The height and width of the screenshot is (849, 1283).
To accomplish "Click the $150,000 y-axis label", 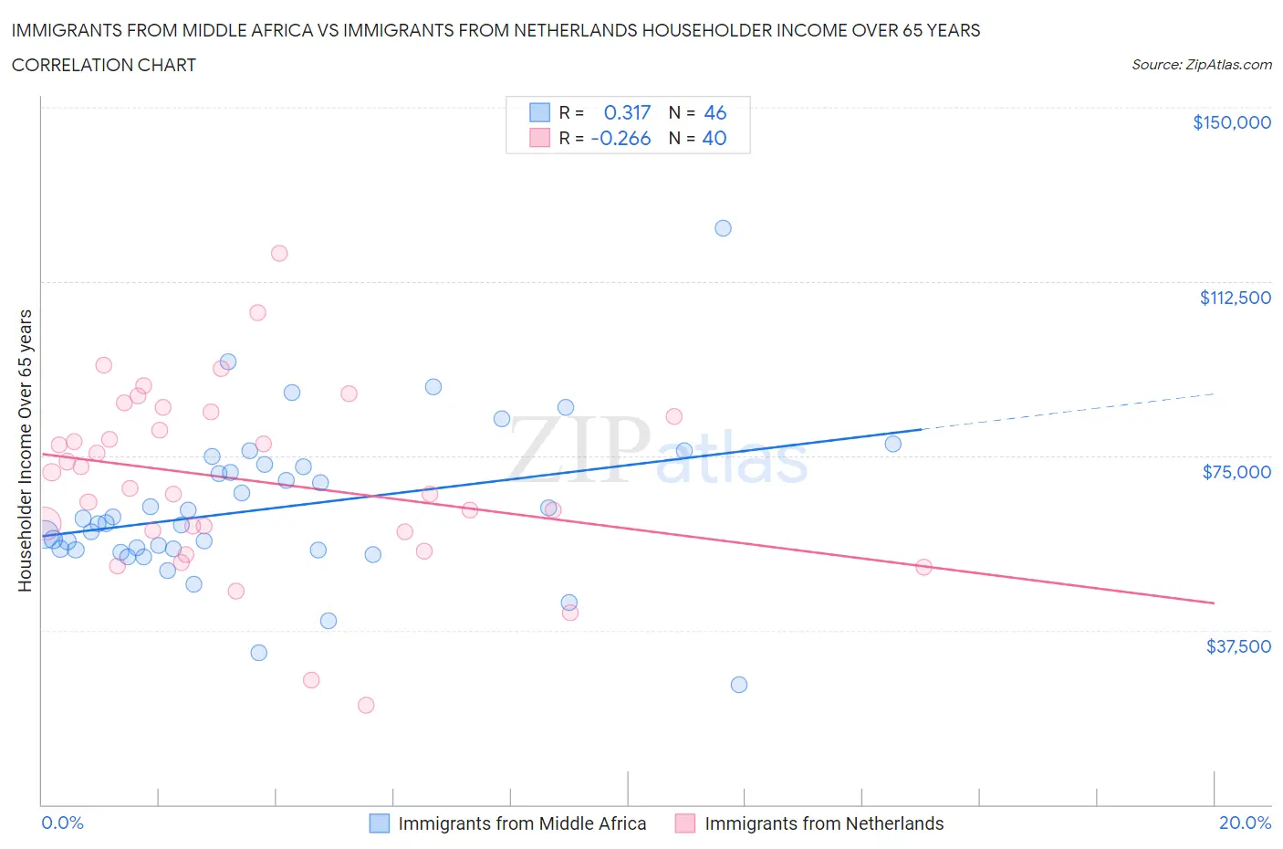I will click(1231, 122).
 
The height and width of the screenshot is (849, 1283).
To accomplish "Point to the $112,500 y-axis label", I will click(1235, 298).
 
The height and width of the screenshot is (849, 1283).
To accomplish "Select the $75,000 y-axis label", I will click(1236, 472).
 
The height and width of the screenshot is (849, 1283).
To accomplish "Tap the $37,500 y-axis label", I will click(1237, 646).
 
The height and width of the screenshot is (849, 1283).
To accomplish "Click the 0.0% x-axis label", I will click(62, 823).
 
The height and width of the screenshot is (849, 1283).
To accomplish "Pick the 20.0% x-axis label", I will click(1245, 823).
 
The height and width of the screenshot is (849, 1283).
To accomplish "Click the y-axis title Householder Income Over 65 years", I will click(25, 450).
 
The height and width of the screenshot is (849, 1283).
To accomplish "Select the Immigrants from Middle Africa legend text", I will click(522, 823).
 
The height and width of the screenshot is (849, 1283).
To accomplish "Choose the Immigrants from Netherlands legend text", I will click(824, 823).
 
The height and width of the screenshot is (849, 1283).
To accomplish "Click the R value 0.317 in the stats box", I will click(627, 112).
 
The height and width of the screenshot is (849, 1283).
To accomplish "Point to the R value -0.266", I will click(621, 138).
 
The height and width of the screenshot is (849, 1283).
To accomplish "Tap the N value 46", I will click(715, 112).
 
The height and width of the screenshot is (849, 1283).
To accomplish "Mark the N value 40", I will click(715, 138).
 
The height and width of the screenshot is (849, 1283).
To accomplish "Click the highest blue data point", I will click(723, 228).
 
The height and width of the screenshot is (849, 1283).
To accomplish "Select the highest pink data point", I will click(279, 253).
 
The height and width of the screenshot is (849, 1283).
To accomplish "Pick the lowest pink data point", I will click(366, 705).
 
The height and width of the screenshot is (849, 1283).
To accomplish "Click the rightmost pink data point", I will click(923, 567).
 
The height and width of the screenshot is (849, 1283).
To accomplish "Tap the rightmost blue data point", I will click(892, 444).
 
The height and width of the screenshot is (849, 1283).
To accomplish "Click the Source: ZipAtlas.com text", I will click(1201, 65).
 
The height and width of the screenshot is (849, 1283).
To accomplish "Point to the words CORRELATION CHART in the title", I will click(104, 65).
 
